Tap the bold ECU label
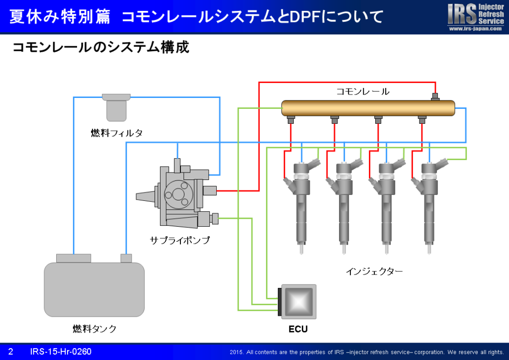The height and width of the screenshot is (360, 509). pos(298,329)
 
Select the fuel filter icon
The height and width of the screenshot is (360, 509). pos(116,107)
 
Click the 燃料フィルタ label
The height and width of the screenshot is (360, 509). pos(117,133)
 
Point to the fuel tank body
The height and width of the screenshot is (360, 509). pos(94,289)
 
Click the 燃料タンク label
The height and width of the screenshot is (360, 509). pos(95,329)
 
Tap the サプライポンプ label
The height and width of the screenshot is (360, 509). pos(180,240)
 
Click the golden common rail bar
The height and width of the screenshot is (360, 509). pos(368,108)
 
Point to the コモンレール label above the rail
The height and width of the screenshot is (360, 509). pos(362,91)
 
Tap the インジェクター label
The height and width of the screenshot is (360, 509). pos(374,271)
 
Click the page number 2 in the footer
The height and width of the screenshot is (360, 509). pos(11,352)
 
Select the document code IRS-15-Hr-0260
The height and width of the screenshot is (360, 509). pos(61,352)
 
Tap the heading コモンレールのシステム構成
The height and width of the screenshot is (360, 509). pos(100,47)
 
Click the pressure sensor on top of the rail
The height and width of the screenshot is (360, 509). pos(435,97)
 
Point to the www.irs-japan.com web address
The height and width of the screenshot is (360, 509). pos(475,28)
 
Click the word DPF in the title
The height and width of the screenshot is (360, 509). pos(306,17)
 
